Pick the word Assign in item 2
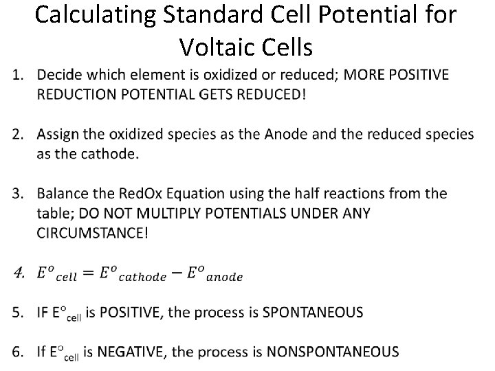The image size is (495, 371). [x=59, y=134]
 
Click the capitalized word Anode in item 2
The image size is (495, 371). [x=260, y=134]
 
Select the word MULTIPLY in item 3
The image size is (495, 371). [x=158, y=214]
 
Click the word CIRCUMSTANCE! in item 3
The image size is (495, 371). [x=91, y=233]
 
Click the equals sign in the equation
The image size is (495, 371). [x=88, y=273]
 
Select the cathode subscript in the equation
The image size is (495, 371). [x=141, y=278]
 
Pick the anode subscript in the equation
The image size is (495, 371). [x=223, y=278]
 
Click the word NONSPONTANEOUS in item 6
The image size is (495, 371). [x=332, y=352]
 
